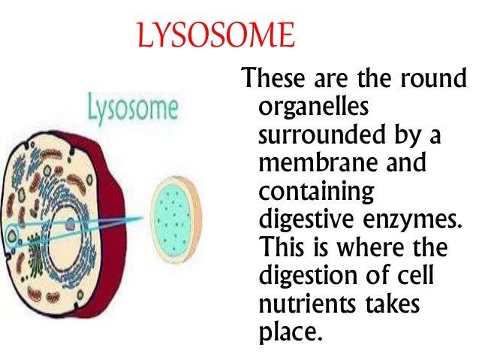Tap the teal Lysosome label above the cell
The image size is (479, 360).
point(133,109)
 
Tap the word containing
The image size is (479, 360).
point(316,192)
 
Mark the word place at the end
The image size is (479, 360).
point(290,331)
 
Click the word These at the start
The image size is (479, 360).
point(272,79)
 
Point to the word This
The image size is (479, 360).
point(284,247)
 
